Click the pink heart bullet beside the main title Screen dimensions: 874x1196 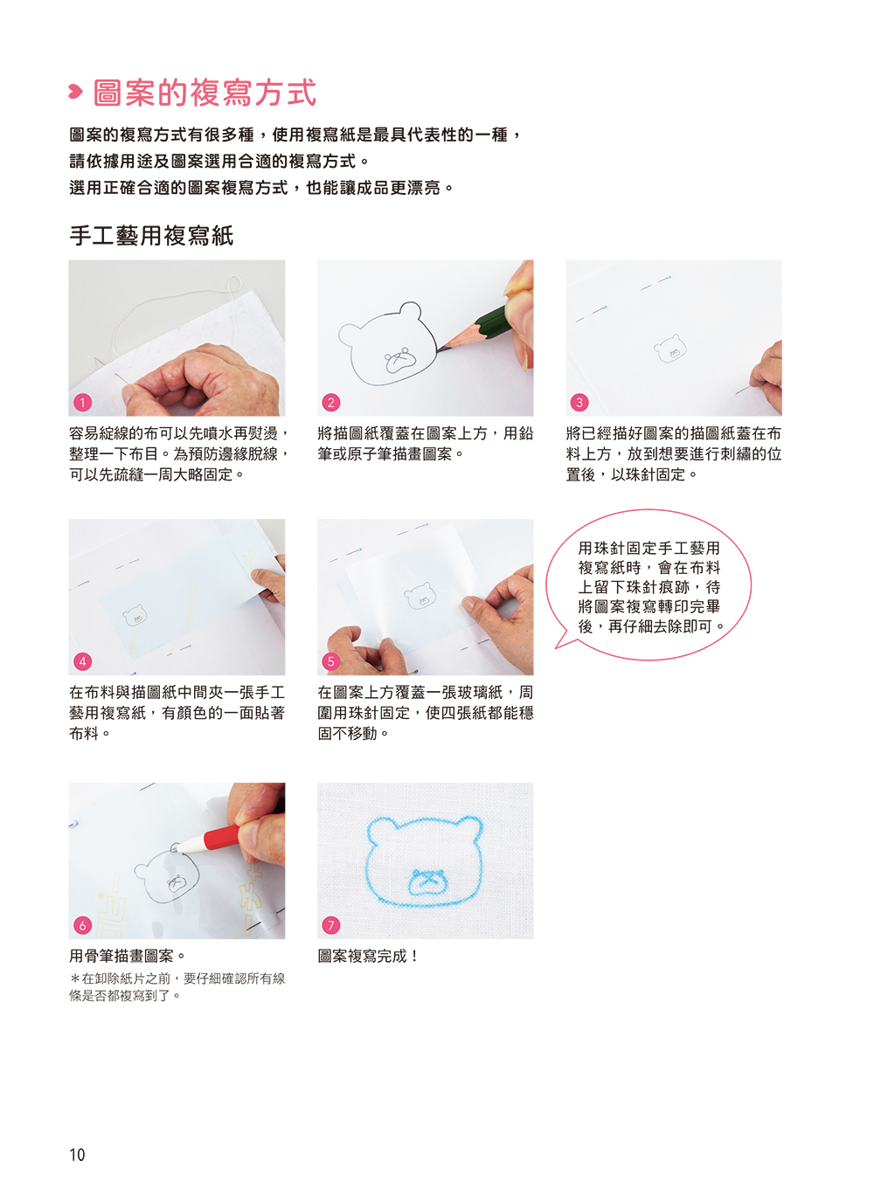click(75, 92)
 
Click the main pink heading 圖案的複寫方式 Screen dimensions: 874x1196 click(205, 93)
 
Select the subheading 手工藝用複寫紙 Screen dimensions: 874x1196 click(151, 236)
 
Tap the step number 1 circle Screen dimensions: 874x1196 click(82, 402)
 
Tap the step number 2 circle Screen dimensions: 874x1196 click(330, 402)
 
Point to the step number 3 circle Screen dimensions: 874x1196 click(579, 402)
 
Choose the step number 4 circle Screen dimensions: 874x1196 click(82, 661)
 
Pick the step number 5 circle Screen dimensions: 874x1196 click(330, 661)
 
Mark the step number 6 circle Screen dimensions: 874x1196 click(82, 925)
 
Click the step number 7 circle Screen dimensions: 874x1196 click(330, 925)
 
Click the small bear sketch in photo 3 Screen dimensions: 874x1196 click(669, 349)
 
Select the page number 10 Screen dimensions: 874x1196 click(77, 1154)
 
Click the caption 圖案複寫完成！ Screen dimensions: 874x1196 click(368, 956)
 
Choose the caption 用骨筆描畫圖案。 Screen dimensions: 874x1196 click(128, 956)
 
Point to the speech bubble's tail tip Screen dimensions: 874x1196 click(556, 648)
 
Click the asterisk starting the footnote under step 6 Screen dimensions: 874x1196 click(75, 978)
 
